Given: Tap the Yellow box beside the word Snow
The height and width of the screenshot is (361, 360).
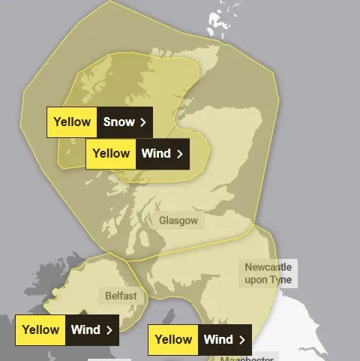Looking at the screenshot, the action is (72, 122).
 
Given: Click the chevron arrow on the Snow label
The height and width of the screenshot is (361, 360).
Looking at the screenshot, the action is (142, 122).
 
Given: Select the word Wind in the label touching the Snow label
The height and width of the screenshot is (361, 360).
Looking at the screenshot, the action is (155, 154).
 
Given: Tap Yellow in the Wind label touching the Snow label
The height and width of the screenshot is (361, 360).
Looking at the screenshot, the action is (110, 154).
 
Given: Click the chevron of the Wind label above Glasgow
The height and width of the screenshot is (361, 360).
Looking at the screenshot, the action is (180, 154).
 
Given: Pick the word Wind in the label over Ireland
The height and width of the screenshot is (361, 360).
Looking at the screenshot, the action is (85, 329).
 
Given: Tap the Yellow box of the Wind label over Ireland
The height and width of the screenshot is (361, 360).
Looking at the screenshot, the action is (40, 329).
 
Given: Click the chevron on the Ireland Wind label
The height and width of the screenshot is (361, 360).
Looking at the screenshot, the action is (109, 329).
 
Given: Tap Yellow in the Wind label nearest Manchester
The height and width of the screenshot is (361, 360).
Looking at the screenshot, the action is (172, 340).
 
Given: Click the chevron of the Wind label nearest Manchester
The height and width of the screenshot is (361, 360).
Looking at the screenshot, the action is (241, 340).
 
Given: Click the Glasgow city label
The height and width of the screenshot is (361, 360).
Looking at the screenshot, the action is (178, 221).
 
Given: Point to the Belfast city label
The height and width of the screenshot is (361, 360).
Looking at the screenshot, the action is (120, 296).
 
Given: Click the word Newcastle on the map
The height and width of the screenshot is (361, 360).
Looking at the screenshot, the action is (268, 266).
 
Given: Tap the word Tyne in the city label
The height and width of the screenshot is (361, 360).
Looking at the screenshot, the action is (282, 280).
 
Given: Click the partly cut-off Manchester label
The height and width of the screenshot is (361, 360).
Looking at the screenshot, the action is (247, 358).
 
